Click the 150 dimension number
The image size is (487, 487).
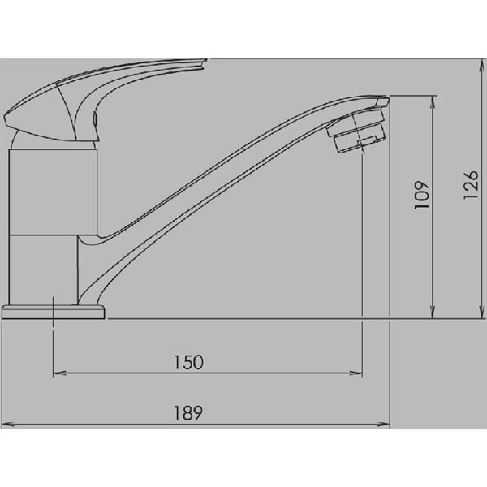coord(188,362)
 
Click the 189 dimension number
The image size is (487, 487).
coord(188,413)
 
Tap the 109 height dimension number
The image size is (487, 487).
coord(422,195)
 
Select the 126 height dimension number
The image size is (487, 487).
coord(471,185)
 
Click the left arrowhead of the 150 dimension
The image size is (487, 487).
coord(59,373)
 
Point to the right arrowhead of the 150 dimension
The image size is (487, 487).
coord(356,373)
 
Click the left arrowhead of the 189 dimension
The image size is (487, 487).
coord(8,424)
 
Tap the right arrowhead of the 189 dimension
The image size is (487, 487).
coord(383,424)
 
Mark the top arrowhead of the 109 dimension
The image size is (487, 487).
coord(433,102)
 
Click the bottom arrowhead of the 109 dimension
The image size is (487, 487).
coord(433,312)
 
